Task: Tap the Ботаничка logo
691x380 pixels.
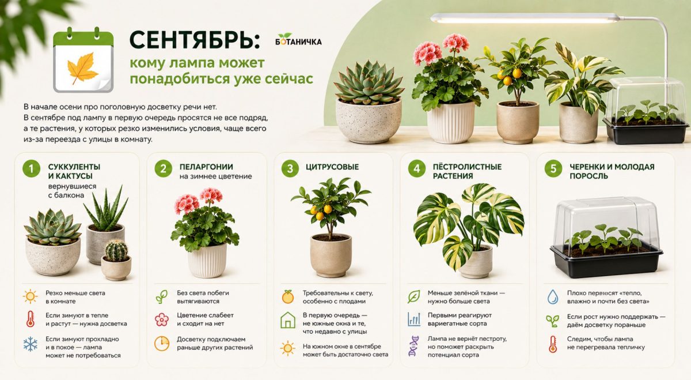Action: (298, 40)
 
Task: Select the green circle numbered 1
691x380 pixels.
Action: (31, 169)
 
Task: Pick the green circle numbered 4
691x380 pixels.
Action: (417, 169)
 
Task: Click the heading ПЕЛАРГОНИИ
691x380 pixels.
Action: (206, 167)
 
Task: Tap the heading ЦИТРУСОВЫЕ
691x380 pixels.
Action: (332, 167)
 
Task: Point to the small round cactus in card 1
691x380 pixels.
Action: (116, 250)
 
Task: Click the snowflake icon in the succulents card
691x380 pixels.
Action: (30, 344)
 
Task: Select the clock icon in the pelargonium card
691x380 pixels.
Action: (162, 344)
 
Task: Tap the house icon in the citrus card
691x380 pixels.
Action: (288, 320)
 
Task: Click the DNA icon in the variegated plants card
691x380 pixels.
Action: (413, 346)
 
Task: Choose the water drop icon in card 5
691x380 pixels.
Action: (552, 296)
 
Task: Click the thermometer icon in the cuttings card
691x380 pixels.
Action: (552, 344)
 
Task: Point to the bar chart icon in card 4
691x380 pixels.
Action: (413, 319)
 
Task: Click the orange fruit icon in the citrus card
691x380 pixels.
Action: (287, 296)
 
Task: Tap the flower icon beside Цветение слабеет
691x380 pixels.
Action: (162, 319)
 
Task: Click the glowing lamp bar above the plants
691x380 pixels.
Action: (525, 18)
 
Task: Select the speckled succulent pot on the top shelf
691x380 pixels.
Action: (369, 121)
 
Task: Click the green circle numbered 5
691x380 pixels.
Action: (553, 169)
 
